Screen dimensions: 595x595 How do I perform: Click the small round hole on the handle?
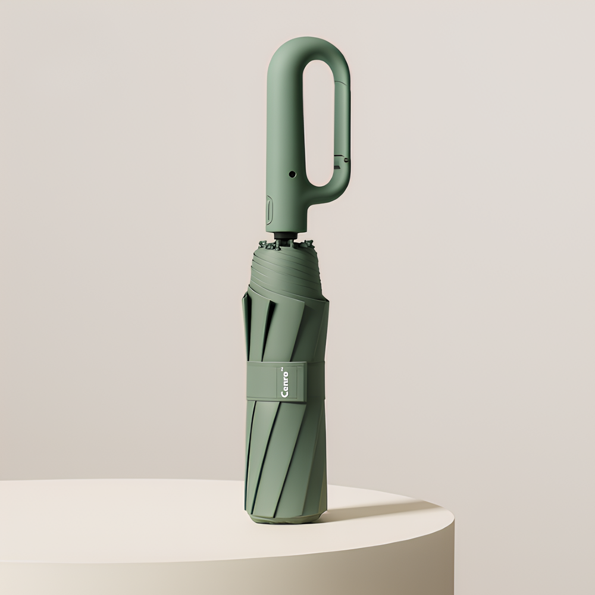point(292,175)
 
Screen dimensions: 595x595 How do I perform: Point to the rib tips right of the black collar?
point(306,243)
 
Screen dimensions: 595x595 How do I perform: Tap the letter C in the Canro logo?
point(285,393)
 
